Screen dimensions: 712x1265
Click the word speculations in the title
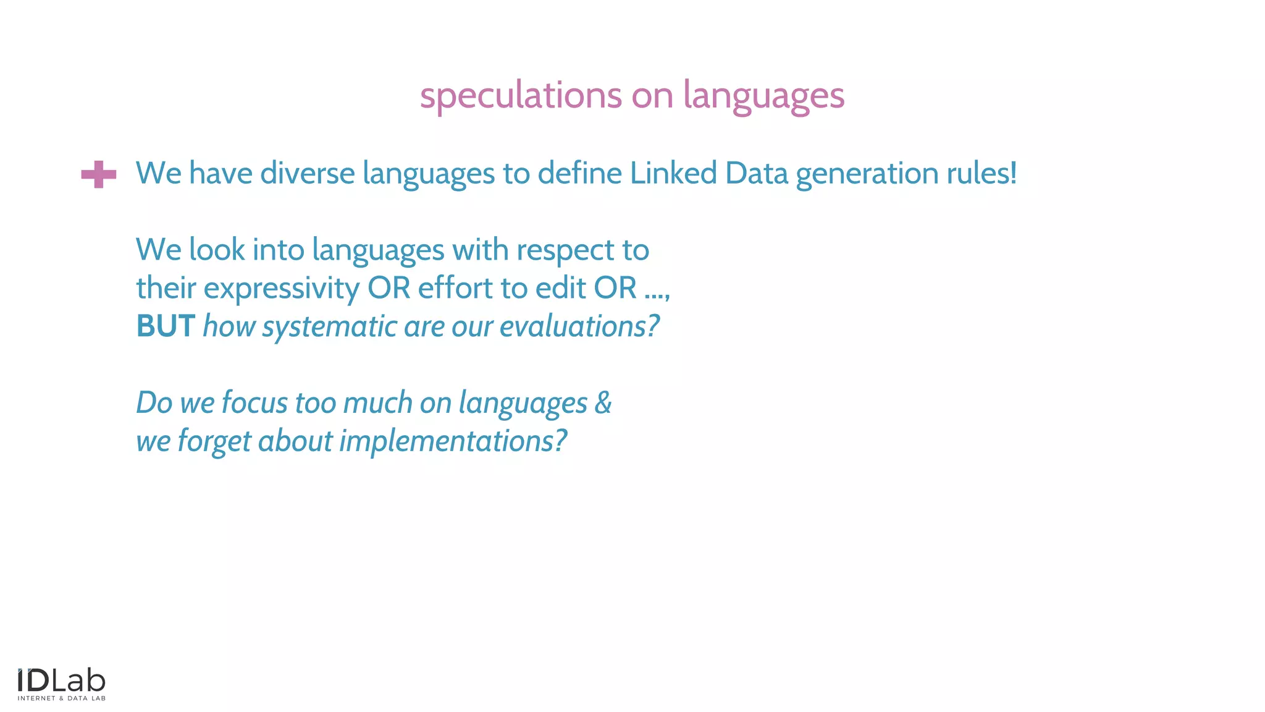click(520, 96)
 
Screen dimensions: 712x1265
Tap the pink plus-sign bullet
click(99, 174)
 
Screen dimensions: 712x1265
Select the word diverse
click(308, 173)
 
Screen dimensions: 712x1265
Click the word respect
click(565, 251)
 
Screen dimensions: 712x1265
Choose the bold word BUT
click(166, 326)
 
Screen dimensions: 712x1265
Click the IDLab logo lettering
click(62, 681)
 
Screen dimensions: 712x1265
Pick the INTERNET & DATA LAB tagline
click(62, 698)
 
